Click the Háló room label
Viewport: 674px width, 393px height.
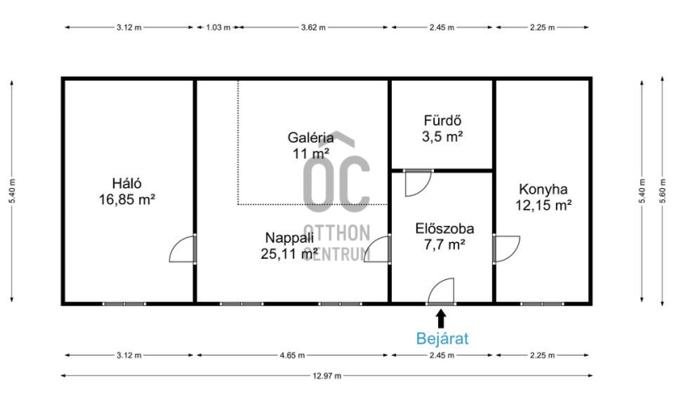(127, 184)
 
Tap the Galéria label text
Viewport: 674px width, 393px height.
(310, 137)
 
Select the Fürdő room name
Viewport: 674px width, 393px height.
(442, 121)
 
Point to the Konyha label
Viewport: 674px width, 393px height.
(543, 190)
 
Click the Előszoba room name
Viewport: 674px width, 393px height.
(445, 229)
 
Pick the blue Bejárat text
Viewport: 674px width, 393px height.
(441, 339)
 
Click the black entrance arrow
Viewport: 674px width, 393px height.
(441, 319)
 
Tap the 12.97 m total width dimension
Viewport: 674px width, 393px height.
(327, 376)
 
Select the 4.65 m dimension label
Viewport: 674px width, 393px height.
(292, 356)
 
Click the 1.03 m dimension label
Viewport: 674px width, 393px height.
(218, 28)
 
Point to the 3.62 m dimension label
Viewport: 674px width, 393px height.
(313, 28)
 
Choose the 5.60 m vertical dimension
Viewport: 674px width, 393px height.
(662, 191)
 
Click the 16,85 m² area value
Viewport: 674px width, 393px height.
(127, 200)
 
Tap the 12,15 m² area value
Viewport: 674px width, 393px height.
(543, 205)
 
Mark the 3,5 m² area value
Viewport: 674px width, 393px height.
(442, 137)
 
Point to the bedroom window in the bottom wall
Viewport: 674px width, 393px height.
(124, 304)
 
